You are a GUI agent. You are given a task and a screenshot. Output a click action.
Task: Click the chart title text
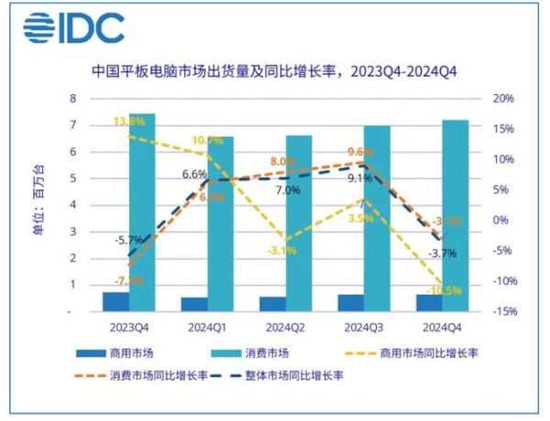pos(274,70)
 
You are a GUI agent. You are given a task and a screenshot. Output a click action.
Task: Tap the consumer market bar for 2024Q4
pos(456,215)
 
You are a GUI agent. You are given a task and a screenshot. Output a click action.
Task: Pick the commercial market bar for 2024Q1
pos(194,304)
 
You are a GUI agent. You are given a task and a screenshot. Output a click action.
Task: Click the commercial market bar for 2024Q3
pos(350,302)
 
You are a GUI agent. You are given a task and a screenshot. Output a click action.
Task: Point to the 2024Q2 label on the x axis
pos(285,325)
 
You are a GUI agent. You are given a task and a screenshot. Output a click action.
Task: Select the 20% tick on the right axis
pos(504,98)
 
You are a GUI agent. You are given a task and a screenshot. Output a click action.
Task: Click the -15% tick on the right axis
pos(503,311)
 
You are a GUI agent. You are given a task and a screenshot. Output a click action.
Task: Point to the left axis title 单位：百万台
pos(38,203)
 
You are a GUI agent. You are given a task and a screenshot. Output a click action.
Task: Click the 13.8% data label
pos(129,121)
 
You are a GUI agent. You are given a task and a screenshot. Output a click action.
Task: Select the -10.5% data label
pos(443,291)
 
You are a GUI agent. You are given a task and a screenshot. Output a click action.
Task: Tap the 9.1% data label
pos(358,178)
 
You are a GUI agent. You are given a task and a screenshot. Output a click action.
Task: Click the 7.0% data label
pos(287,190)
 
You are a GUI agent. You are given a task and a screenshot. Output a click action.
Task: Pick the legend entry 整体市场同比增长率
pos(299,375)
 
